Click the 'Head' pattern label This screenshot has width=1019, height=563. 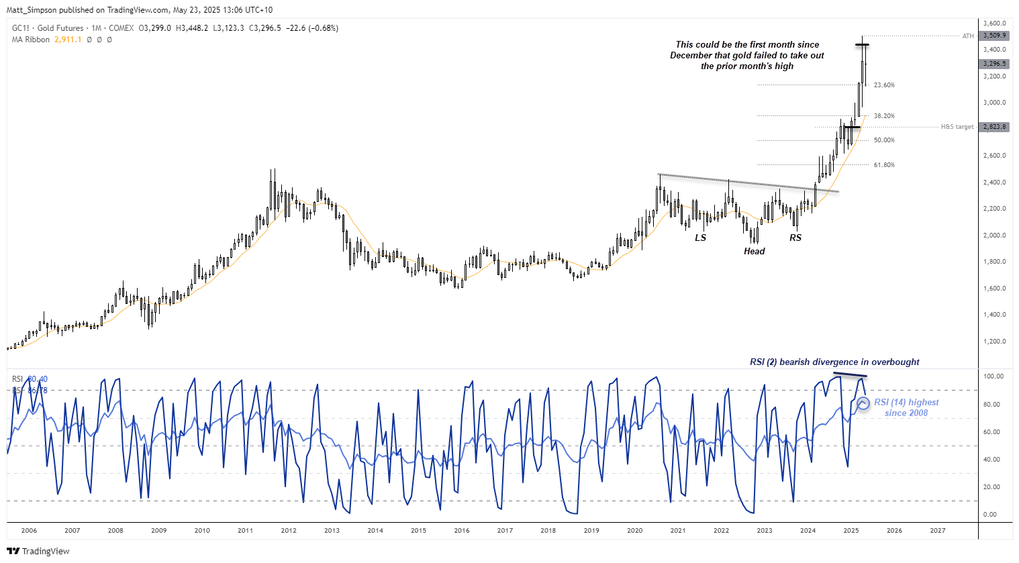coord(754,252)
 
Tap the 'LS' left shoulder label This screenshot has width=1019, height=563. coord(700,238)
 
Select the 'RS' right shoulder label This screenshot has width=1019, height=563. coord(795,238)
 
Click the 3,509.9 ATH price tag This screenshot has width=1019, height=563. coord(993,36)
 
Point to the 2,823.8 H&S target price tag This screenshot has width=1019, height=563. coord(993,127)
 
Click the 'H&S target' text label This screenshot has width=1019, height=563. coord(957,127)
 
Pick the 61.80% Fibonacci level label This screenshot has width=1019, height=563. coord(884,165)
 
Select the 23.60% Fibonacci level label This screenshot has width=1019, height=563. coord(884,85)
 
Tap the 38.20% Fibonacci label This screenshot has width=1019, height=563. coord(884,116)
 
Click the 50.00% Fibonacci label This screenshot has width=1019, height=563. coord(884,140)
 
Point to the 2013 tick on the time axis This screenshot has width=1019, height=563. coord(332,531)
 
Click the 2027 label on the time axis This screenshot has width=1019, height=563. coord(937,531)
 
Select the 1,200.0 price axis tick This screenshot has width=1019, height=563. coord(995,342)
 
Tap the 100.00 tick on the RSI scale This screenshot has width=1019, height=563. coord(993,376)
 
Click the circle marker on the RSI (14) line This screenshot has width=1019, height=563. coord(863,403)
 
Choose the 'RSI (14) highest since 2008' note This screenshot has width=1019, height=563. coord(906,408)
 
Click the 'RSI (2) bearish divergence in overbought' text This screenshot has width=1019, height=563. coord(834,362)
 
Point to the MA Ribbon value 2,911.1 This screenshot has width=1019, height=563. coord(68,40)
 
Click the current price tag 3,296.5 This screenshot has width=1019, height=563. coord(993,64)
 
